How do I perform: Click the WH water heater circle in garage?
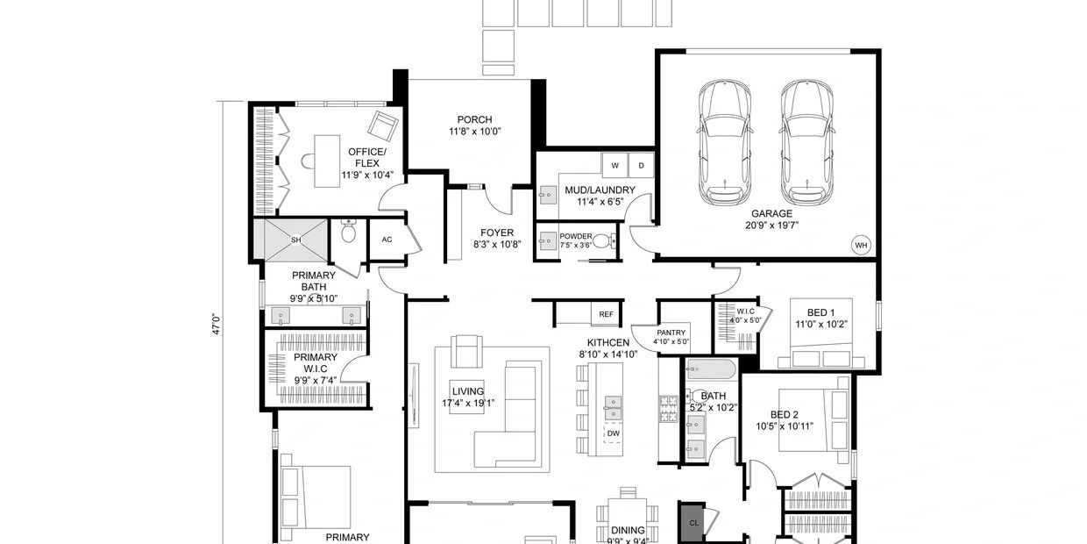861,245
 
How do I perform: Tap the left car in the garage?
725,140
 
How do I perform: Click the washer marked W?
615,165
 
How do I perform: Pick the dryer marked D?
640,165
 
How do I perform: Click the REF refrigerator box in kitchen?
606,313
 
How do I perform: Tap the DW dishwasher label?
613,433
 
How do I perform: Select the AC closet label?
387,240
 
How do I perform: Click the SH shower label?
295,240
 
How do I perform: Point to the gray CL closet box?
693,522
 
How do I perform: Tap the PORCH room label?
474,120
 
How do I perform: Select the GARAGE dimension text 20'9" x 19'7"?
771,225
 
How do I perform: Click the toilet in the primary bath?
348,232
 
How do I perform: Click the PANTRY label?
672,333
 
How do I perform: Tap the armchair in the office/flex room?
383,127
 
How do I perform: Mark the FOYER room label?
497,233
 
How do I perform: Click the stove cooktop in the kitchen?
668,408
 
